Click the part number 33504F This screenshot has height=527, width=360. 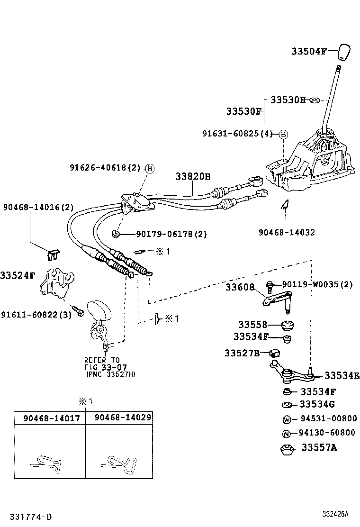309,52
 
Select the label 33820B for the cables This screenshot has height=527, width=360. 193,176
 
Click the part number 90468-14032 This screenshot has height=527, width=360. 287,233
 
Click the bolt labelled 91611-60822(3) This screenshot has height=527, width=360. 80,313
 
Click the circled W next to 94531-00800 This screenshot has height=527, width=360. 287,419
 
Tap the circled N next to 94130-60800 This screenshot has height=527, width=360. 287,433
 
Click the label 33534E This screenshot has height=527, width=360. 342,376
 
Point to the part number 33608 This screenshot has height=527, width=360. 240,287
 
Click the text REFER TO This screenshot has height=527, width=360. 102,360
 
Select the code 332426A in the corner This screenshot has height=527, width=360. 335,514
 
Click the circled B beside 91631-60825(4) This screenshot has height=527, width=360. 283,134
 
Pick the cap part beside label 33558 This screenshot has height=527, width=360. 288,325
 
